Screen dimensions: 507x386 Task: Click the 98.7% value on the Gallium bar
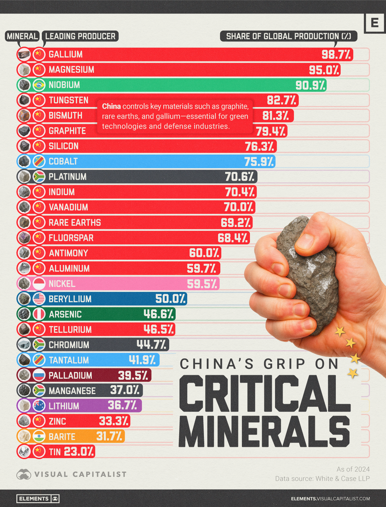coord(336,55)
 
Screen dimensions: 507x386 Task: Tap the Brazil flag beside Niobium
coord(39,85)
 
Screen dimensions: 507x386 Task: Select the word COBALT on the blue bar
coord(63,161)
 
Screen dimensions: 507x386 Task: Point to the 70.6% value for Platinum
coord(240,177)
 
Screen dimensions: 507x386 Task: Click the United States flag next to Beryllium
coord(39,299)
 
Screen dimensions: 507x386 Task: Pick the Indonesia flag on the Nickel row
coord(39,284)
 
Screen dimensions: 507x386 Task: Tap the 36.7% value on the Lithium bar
coord(122,405)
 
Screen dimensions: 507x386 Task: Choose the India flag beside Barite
coord(39,437)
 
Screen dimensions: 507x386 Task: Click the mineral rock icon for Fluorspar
coord(24,238)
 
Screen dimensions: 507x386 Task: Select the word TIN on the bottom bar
coord(55,452)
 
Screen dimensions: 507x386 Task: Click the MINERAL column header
coord(23,36)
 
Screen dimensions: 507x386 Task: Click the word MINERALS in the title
coord(264,431)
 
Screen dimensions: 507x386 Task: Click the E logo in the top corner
coord(375,23)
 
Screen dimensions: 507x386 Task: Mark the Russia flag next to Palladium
coord(39,375)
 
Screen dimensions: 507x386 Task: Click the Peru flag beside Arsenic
coord(39,314)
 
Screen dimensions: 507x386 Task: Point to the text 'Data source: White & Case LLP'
coord(322,479)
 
